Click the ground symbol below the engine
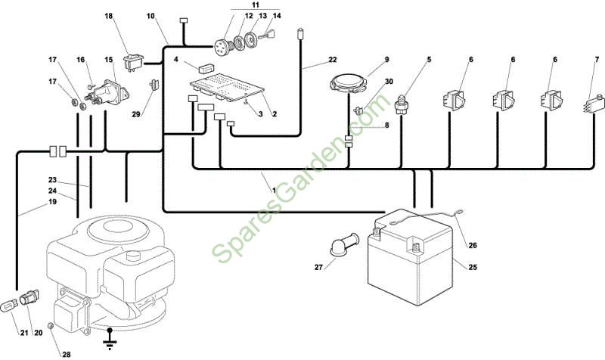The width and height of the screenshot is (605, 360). [x=110, y=339]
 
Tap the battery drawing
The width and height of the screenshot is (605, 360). [x=410, y=253]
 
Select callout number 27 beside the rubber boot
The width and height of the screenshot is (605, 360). [x=318, y=267]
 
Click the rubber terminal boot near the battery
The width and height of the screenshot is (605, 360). [x=345, y=244]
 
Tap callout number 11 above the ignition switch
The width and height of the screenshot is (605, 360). [x=255, y=5]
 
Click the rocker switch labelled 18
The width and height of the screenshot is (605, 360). [x=133, y=62]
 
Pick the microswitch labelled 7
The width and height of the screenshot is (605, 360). [x=593, y=104]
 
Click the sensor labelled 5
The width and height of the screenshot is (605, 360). [x=402, y=105]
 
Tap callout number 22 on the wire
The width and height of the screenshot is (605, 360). [x=332, y=60]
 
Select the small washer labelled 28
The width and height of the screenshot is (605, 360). [x=50, y=326]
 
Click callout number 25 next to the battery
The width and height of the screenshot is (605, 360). [x=473, y=267]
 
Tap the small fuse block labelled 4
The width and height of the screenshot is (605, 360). [x=206, y=68]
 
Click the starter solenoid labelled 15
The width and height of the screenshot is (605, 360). [x=107, y=92]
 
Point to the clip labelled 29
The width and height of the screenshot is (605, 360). [x=154, y=85]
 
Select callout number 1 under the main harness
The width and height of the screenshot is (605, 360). [x=275, y=191]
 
